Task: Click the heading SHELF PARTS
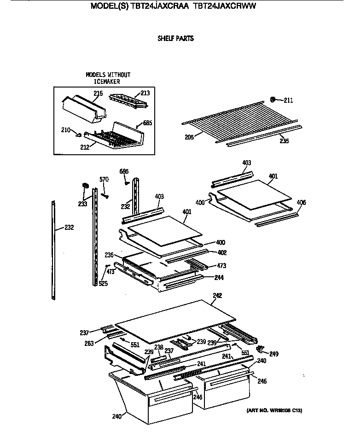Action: pyautogui.click(x=175, y=39)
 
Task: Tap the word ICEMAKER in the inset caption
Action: pyautogui.click(x=107, y=82)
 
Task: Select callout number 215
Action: pyautogui.click(x=98, y=93)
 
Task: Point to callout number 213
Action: pyautogui.click(x=145, y=93)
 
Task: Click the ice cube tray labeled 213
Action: pyautogui.click(x=128, y=100)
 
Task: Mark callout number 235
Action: pyautogui.click(x=284, y=141)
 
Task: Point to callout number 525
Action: pyautogui.click(x=103, y=283)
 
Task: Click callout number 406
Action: pyautogui.click(x=301, y=203)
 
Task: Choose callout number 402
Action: pyautogui.click(x=221, y=252)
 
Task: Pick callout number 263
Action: pyautogui.click(x=89, y=343)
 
